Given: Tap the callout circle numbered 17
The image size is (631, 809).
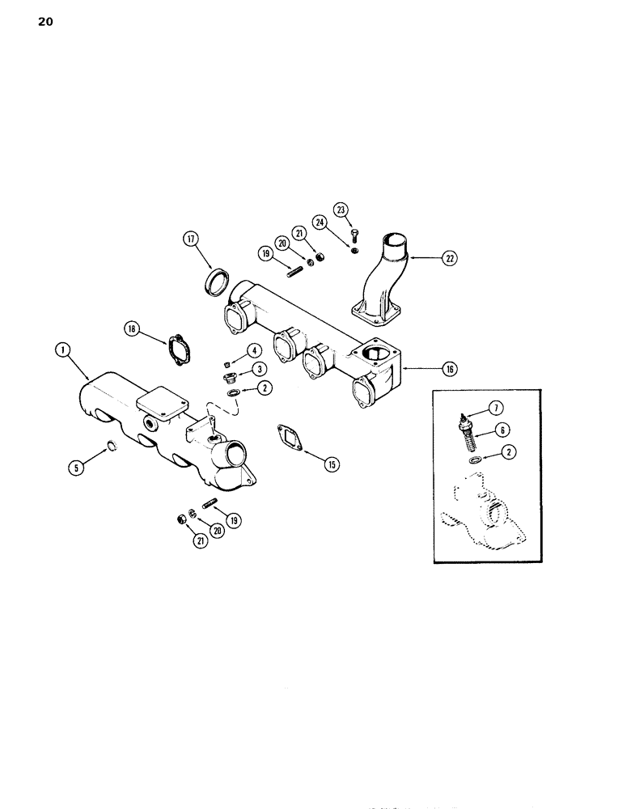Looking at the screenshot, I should [190, 239].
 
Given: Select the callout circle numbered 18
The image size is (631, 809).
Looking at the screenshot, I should [131, 328].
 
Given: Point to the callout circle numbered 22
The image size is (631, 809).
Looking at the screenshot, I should [449, 258].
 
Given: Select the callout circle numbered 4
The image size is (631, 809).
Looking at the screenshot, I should [254, 350].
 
